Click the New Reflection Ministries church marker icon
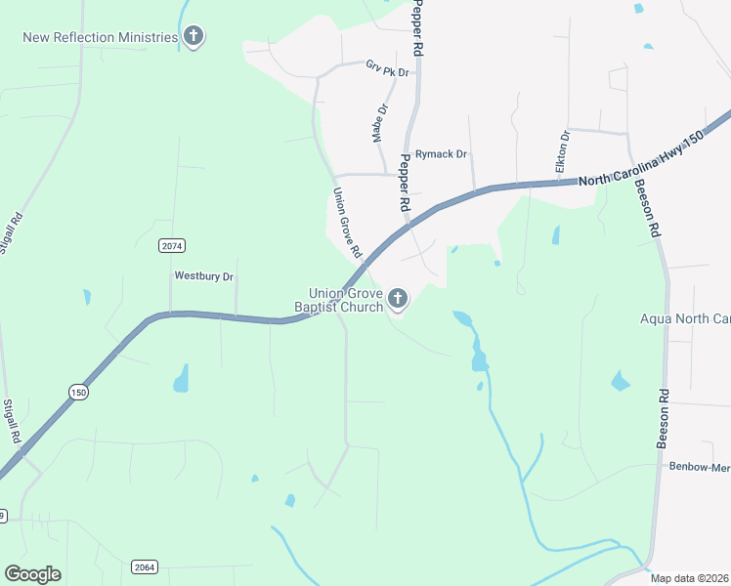[x=193, y=37]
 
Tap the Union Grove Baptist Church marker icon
[x=397, y=298]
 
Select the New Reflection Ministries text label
[x=101, y=37]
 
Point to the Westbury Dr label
[x=204, y=276]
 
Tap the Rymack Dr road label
[x=441, y=154]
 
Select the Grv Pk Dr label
[x=386, y=68]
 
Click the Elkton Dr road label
[x=563, y=152]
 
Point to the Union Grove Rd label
[x=347, y=224]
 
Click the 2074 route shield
[x=172, y=246]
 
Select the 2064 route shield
[x=144, y=566]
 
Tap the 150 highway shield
[x=78, y=392]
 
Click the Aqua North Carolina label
[x=685, y=319]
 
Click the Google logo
[x=32, y=574]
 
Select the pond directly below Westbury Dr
[x=181, y=378]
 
